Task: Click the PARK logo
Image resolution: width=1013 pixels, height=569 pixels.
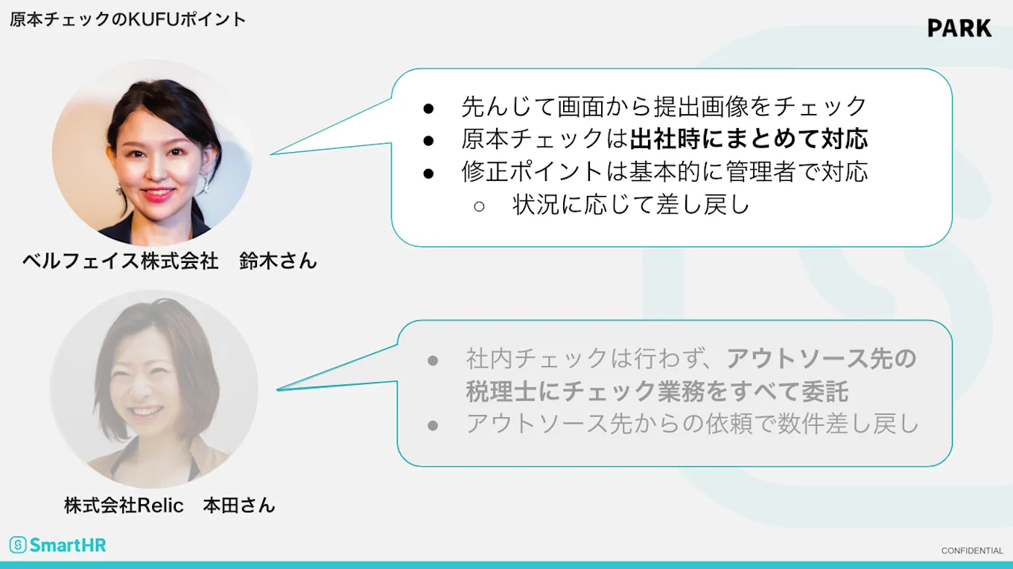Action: click(x=959, y=28)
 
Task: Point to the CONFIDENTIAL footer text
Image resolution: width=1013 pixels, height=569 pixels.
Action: click(x=972, y=551)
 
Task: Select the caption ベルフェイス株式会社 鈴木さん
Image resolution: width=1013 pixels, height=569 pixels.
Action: click(x=170, y=261)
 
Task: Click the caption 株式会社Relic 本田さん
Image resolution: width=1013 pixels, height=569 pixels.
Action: click(x=170, y=506)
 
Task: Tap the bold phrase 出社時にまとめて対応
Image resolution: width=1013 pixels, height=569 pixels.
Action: click(x=749, y=139)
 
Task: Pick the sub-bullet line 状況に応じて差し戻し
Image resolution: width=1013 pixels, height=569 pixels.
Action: click(x=631, y=205)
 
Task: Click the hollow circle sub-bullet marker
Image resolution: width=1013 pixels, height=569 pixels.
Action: click(x=480, y=206)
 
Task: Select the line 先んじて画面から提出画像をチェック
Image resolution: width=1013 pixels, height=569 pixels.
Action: click(x=664, y=107)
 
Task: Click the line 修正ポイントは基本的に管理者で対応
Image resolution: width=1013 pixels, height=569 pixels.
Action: click(x=664, y=172)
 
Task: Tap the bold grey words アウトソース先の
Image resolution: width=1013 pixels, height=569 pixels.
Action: click(x=822, y=358)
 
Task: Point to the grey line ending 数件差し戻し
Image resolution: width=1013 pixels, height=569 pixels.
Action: click(x=693, y=424)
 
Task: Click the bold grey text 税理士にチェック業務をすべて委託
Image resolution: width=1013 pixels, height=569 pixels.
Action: click(x=658, y=391)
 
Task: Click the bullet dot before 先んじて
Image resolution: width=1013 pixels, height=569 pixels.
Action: click(x=428, y=108)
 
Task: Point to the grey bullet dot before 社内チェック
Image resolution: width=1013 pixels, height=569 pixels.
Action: click(x=433, y=360)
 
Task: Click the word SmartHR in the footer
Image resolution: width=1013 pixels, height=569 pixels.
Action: click(x=68, y=545)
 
